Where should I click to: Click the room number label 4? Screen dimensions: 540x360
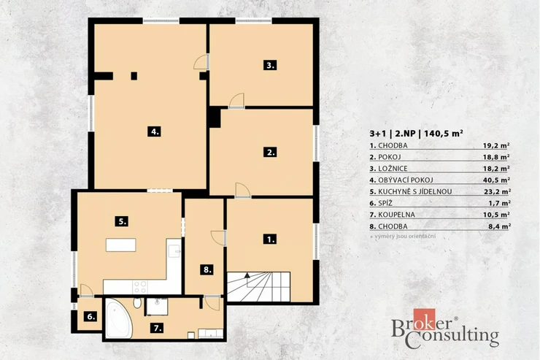[154, 131]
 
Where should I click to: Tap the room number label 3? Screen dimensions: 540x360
[270, 65]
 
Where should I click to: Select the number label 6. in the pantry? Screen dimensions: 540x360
[91, 316]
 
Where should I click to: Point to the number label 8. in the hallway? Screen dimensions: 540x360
[207, 269]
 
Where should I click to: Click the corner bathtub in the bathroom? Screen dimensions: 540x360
[118, 318]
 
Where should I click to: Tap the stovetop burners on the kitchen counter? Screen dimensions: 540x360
[140, 287]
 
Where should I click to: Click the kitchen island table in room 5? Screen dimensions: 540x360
[121, 245]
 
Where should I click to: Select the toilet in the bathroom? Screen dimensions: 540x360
[137, 303]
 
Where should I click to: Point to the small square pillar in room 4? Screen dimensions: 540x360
[134, 76]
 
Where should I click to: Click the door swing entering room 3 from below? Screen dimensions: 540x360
[237, 100]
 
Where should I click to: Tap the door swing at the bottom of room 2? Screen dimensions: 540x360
[243, 190]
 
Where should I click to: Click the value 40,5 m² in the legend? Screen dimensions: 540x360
[496, 180]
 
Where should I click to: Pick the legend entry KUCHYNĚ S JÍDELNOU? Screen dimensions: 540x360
[415, 191]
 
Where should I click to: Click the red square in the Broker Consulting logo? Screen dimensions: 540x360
[424, 319]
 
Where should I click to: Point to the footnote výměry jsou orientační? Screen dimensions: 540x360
[405, 237]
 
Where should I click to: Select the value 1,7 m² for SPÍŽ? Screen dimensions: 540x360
[499, 203]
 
